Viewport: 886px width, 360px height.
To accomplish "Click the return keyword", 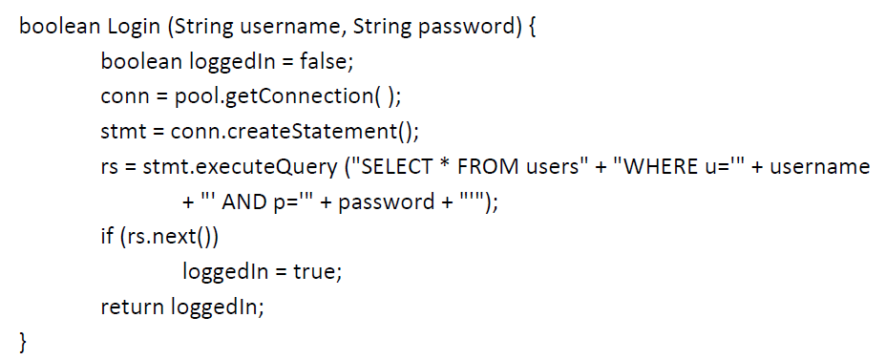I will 133,307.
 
